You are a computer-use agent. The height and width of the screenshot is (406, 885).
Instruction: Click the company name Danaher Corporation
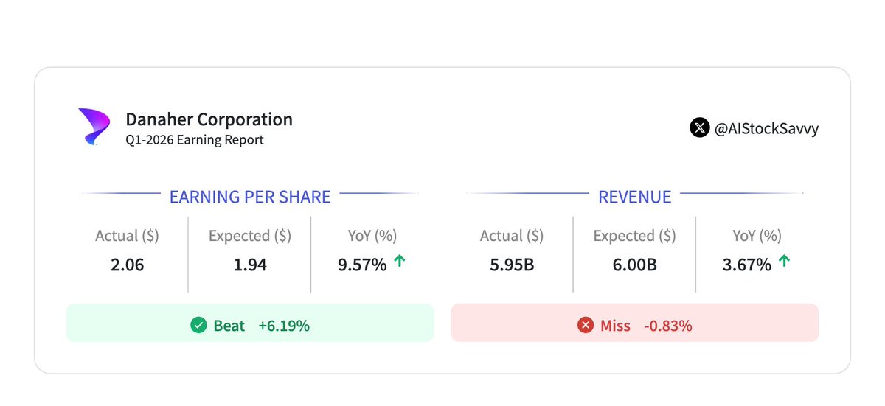[x=209, y=119]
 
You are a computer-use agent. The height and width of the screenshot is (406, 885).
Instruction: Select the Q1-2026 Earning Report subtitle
[x=195, y=140]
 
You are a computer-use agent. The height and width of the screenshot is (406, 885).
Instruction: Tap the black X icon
[x=699, y=127]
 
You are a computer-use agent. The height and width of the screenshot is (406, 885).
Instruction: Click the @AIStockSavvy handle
[x=766, y=129]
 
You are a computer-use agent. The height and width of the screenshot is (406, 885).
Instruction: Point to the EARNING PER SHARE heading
[x=250, y=197]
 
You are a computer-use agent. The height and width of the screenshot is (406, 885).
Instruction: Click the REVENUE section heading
[x=634, y=197]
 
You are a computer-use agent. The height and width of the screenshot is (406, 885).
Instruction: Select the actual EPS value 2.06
[x=127, y=265]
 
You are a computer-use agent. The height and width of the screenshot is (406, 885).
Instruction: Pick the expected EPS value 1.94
[x=250, y=265]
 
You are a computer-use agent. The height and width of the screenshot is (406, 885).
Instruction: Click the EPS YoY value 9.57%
[x=362, y=265]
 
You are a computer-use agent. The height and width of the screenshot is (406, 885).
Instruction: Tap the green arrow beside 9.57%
[x=400, y=260]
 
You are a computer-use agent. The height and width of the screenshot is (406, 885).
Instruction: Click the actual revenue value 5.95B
[x=512, y=265]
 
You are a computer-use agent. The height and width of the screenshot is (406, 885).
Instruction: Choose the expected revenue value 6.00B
[x=634, y=265]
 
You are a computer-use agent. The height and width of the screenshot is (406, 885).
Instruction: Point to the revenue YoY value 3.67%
[x=746, y=265]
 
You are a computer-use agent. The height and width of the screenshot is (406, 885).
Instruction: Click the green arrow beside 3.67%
[x=784, y=260]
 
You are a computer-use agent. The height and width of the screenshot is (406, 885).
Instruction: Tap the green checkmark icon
[x=198, y=325]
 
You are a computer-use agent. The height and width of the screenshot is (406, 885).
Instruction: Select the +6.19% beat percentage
[x=284, y=326]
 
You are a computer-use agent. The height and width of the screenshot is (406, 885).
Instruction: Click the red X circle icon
[x=585, y=325]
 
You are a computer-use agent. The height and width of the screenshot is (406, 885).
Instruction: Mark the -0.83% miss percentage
[x=668, y=326]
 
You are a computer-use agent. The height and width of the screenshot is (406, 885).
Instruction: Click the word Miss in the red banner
[x=615, y=326]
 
